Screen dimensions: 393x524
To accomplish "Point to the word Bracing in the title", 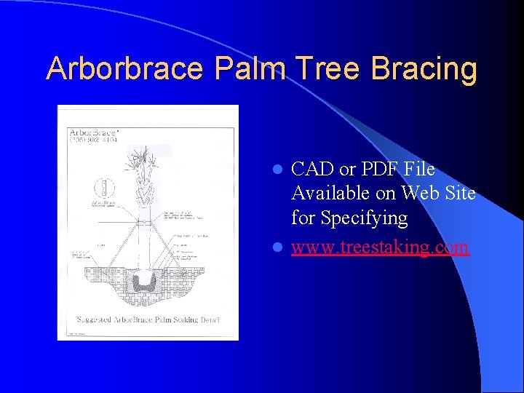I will point(424,69).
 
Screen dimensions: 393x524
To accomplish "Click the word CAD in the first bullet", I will point(312,170).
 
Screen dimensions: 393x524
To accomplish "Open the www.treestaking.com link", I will point(380,247).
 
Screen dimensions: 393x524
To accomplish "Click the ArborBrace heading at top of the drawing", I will point(94,132).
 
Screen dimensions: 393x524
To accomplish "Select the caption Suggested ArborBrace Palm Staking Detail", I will point(148,319).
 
